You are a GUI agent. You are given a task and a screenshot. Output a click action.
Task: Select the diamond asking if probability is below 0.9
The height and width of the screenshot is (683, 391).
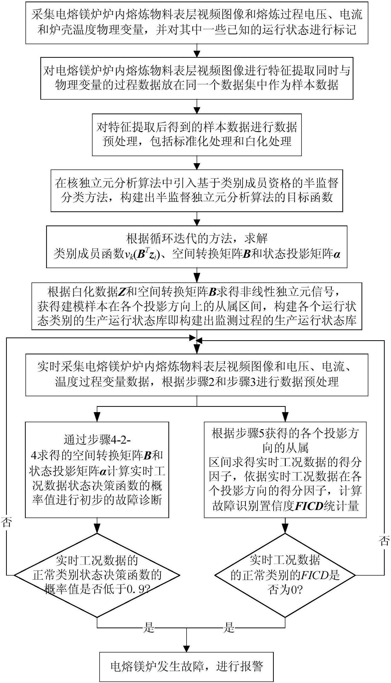pyautogui.click(x=97, y=575)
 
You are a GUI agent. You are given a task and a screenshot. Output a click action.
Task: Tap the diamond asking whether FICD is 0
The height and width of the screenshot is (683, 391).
pyautogui.click(x=285, y=575)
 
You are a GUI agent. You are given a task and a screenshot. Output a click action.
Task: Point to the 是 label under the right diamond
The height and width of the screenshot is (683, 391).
pyautogui.click(x=229, y=628)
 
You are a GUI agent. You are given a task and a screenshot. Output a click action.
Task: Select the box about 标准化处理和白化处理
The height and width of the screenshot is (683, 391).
pyautogui.click(x=197, y=135)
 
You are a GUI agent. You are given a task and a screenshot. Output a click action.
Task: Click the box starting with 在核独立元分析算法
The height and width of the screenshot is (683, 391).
pyautogui.click(x=197, y=191)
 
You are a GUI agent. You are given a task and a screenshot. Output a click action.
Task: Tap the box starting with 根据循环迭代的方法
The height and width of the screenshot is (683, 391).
pyautogui.click(x=197, y=247)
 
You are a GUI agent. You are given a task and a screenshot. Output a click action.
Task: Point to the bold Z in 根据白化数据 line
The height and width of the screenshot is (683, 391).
pyautogui.click(x=122, y=292)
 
